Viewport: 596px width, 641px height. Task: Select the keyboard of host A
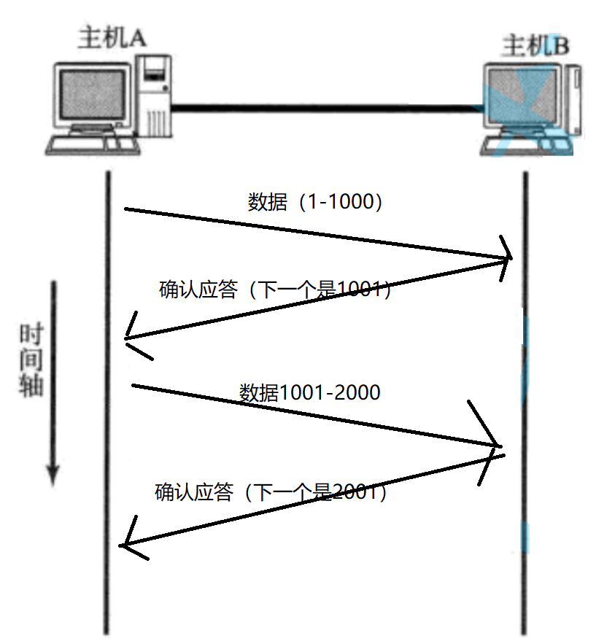coord(92,144)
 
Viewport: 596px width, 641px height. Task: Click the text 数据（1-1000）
coord(315,202)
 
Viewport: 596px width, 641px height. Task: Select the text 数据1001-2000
coord(310,392)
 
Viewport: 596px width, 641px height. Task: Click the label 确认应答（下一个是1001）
coord(276,290)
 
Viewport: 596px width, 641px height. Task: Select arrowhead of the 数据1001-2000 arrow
coord(498,445)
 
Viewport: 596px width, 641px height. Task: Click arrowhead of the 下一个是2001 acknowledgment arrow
coord(125,544)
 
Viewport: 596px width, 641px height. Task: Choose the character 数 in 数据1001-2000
coord(249,392)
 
